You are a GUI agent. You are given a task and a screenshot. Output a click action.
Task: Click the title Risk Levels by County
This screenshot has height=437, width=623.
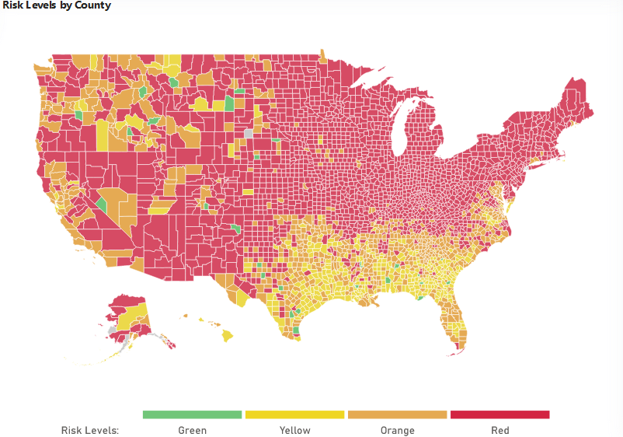(56, 5)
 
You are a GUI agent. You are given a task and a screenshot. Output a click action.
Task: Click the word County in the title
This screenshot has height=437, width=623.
(93, 5)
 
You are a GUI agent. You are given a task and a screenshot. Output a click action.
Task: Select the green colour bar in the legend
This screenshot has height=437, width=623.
(192, 414)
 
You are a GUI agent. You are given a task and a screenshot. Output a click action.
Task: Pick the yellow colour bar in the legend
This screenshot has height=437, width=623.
(294, 414)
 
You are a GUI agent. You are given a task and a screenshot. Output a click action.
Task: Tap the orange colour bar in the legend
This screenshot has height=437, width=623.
(397, 414)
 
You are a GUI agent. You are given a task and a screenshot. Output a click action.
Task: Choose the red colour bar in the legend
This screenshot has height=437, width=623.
(499, 414)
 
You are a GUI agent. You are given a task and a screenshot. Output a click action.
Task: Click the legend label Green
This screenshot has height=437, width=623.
(192, 430)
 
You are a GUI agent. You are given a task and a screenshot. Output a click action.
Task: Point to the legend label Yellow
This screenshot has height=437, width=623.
(294, 430)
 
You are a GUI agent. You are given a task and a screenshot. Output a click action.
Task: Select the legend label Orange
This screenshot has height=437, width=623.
(397, 430)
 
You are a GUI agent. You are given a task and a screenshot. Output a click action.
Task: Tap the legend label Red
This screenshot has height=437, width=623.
(499, 430)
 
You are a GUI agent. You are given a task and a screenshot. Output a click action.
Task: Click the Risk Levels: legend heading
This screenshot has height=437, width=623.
(89, 430)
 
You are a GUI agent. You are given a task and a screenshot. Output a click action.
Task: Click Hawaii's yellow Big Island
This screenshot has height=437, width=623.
(228, 336)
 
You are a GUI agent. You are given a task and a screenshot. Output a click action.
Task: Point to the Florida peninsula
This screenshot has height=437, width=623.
(454, 323)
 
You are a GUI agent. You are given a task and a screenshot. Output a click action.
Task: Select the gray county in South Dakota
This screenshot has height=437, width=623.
(249, 133)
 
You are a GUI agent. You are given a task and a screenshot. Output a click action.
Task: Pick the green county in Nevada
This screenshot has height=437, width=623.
(101, 206)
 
